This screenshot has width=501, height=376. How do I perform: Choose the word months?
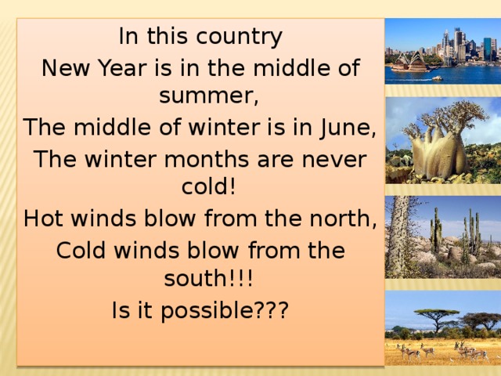pos(204,160)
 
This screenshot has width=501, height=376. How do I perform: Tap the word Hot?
pos(46,219)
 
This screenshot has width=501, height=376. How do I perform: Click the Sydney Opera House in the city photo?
pos(409,63)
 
